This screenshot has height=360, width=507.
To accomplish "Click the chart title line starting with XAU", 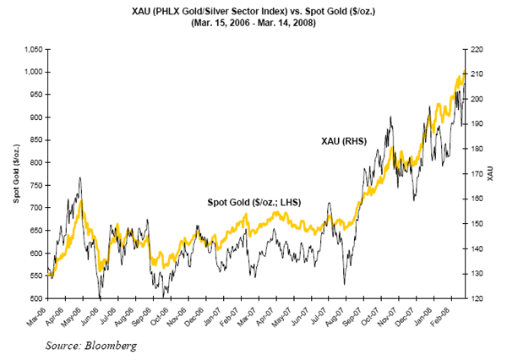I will [x=253, y=9].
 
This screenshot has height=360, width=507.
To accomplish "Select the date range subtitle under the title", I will [x=253, y=23].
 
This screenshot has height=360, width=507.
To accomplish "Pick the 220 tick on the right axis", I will [x=478, y=50].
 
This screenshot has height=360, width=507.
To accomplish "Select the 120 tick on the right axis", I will [x=478, y=299].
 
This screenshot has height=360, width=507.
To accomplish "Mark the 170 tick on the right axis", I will [x=478, y=174].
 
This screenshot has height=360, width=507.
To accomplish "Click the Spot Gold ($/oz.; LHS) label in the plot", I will [x=254, y=202].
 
